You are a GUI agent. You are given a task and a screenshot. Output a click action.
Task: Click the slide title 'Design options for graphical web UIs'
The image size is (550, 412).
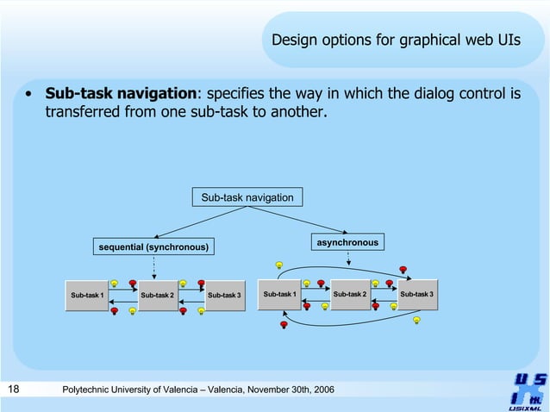(x=396, y=40)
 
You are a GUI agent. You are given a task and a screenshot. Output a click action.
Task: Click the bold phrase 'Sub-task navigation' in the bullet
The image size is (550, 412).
(x=121, y=94)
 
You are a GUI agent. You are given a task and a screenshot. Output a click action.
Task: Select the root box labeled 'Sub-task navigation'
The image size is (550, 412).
(x=247, y=198)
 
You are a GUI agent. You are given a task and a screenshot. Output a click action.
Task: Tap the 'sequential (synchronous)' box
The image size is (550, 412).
(x=153, y=247)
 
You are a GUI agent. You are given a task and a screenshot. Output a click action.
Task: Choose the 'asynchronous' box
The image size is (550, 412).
(x=347, y=243)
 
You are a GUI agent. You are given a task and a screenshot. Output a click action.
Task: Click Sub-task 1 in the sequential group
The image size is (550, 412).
(x=87, y=296)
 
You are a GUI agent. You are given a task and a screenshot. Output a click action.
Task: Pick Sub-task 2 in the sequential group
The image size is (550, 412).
(x=157, y=296)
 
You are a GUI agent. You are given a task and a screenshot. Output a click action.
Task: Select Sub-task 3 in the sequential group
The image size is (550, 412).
(x=224, y=296)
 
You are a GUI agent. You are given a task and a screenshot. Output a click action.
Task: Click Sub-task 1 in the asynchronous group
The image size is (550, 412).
(x=279, y=295)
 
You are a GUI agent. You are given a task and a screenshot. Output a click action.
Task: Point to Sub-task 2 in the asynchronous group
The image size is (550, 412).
(x=349, y=295)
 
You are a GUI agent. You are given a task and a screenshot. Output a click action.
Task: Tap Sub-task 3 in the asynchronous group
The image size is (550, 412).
(x=416, y=295)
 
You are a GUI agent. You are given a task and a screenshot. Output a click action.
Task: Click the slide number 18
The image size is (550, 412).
(x=14, y=390)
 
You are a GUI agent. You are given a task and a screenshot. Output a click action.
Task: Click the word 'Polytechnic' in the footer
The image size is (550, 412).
(x=92, y=391)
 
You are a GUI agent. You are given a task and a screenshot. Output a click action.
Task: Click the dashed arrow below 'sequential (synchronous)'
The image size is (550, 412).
(x=153, y=266)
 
